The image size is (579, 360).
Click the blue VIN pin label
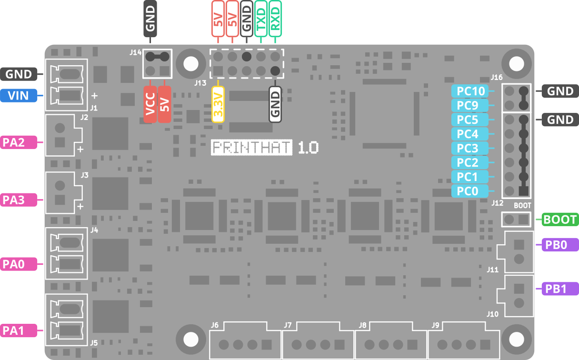tap(19, 95)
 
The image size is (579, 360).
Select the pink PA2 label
tap(19, 142)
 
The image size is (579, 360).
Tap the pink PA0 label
tap(19, 264)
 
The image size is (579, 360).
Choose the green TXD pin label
tap(261, 19)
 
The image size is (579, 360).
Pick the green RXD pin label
tap(275, 19)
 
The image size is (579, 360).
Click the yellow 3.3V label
tap(218, 104)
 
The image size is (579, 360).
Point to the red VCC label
tap(150, 104)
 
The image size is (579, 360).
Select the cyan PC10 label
tap(470, 91)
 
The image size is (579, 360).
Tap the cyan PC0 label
tap(470, 191)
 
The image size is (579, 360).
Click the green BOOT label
tap(560, 220)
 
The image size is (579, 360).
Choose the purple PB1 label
tap(560, 289)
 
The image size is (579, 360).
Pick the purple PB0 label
tap(560, 245)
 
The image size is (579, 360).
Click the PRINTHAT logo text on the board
tap(251, 148)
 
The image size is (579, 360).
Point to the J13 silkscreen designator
tap(200, 83)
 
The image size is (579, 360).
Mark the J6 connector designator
tap(215, 325)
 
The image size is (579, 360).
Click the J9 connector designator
tap(436, 325)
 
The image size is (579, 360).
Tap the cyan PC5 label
tap(470, 120)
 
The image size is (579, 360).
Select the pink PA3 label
tap(19, 200)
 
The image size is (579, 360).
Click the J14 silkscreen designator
tap(136, 52)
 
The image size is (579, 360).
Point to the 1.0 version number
tap(308, 148)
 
